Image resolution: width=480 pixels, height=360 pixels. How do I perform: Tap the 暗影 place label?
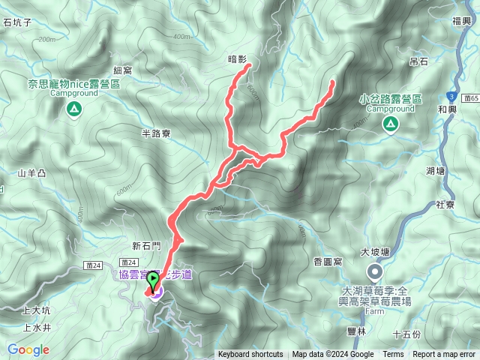pos(237,57)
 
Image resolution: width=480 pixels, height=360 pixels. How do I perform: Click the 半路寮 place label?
pos(157,133)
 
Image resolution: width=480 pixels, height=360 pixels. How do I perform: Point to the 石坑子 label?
pos(17,23)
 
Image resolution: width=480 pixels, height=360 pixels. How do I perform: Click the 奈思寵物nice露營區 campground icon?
pos(73,110)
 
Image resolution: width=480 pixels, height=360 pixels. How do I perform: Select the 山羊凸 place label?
pos(31,173)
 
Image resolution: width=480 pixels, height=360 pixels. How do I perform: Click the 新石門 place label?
pos(146,245)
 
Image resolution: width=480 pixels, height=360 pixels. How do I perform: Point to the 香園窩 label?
pos(328,261)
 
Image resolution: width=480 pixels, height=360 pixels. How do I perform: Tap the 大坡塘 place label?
pos(375,252)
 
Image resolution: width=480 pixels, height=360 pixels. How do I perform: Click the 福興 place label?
pos(462,22)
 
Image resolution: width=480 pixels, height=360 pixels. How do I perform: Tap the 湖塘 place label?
pos(435,171)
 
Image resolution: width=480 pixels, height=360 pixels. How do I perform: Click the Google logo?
pos(28,349)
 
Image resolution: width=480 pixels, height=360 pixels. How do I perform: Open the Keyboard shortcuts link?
pos(250,355)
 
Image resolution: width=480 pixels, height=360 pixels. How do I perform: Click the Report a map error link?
pos(445,355)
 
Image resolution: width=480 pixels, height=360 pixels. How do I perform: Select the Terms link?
pos(393,355)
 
